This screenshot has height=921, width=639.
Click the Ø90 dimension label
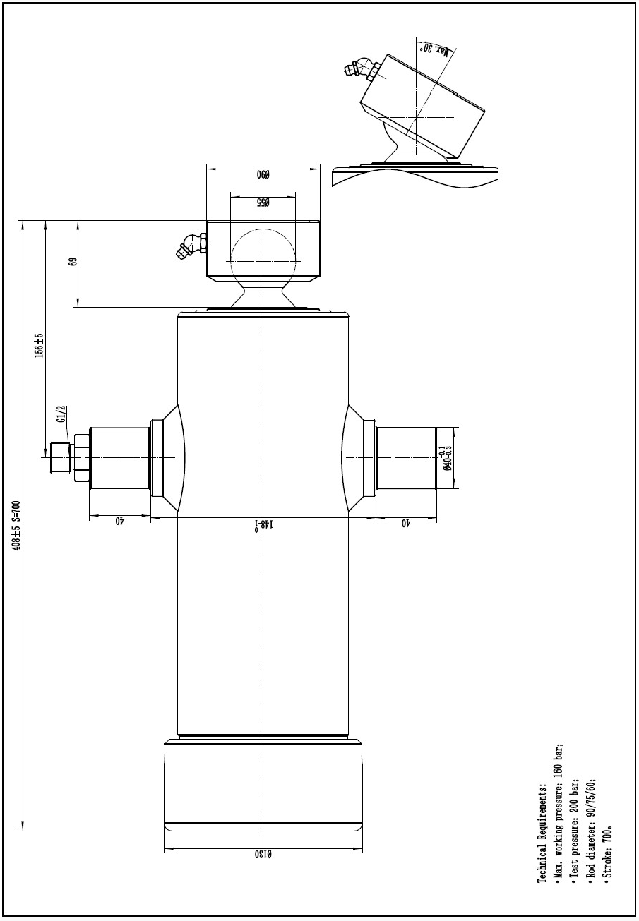coord(263,175)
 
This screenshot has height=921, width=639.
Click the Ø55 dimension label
coord(263,203)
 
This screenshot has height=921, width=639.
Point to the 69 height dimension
coord(73,262)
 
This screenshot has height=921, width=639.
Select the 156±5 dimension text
coord(39,345)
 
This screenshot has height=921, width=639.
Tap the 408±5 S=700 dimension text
coord(16,526)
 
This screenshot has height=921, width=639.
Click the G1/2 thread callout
coord(61,414)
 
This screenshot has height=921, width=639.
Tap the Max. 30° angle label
coord(434,49)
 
